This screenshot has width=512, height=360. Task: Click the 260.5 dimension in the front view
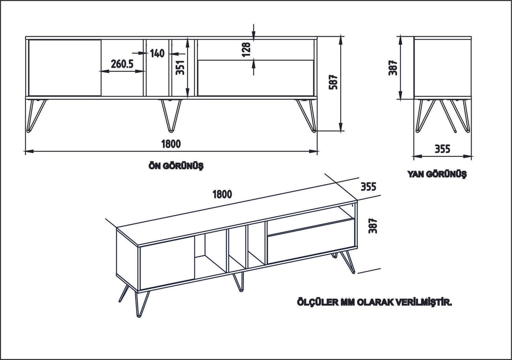(x=121, y=64)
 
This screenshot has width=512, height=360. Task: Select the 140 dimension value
(x=157, y=53)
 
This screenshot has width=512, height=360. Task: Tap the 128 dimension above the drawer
(x=246, y=49)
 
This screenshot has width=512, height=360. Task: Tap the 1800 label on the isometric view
(x=222, y=194)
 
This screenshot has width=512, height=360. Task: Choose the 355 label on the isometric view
(x=368, y=187)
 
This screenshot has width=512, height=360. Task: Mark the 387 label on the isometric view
(x=371, y=226)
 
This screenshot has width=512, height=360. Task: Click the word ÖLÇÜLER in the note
(x=317, y=302)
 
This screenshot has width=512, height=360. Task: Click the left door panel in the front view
(x=65, y=67)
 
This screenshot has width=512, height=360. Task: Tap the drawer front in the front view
(x=255, y=78)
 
